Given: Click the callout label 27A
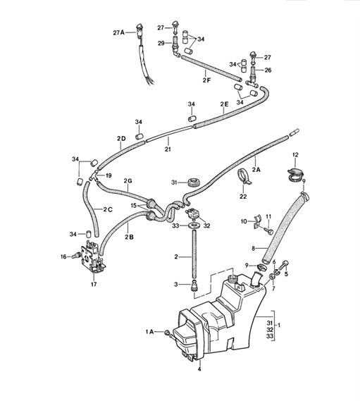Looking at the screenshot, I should (118, 32).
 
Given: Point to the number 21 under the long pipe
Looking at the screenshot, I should (168, 149).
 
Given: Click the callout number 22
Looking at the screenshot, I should (243, 198).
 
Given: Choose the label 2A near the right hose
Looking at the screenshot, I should (256, 169).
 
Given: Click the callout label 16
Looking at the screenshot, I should (63, 257).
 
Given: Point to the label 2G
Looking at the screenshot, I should (128, 181).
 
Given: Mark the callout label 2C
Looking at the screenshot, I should (108, 209).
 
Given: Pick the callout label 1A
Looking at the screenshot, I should (149, 331).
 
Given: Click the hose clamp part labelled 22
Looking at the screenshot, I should (245, 182).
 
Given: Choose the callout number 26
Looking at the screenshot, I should (268, 70).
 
